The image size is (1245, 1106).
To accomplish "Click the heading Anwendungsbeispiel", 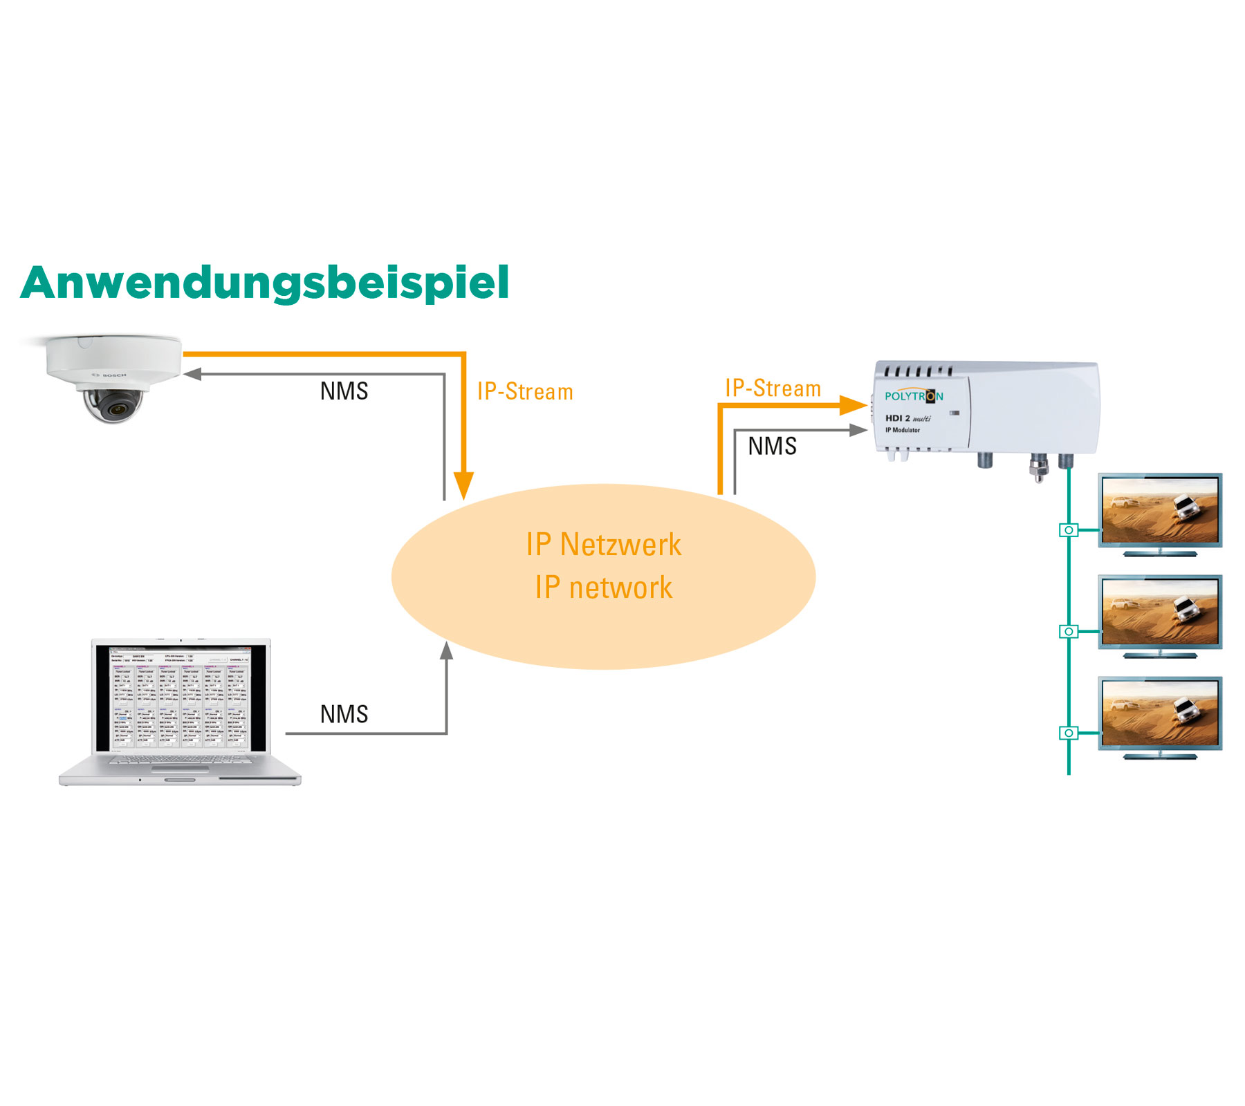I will coord(265,283).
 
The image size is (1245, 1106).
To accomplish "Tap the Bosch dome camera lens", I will coord(113,406).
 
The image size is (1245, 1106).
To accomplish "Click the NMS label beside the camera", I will coord(344,391).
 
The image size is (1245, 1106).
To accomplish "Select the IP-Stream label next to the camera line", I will coord(525,392).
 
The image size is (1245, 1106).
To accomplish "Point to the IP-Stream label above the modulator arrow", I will coord(773,388).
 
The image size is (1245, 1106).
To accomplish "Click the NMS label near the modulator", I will coord(772,447).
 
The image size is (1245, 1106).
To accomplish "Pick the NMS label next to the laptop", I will coord(344,715).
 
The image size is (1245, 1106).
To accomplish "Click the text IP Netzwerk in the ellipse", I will coord(603,545).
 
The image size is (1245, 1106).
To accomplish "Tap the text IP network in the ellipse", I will coord(603,588).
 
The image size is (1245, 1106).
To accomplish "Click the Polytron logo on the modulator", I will coord(914,396).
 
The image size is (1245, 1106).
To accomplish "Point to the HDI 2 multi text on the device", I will coord(907,418).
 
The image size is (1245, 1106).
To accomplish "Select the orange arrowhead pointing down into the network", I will coord(463,485).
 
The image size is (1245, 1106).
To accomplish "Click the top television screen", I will coord(1160,510).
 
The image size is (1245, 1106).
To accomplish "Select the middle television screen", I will coord(1160,612).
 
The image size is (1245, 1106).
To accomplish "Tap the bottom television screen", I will coord(1160,713).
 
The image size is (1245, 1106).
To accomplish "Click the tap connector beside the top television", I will coord(1069,530).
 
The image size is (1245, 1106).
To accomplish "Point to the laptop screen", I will coord(181,697).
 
